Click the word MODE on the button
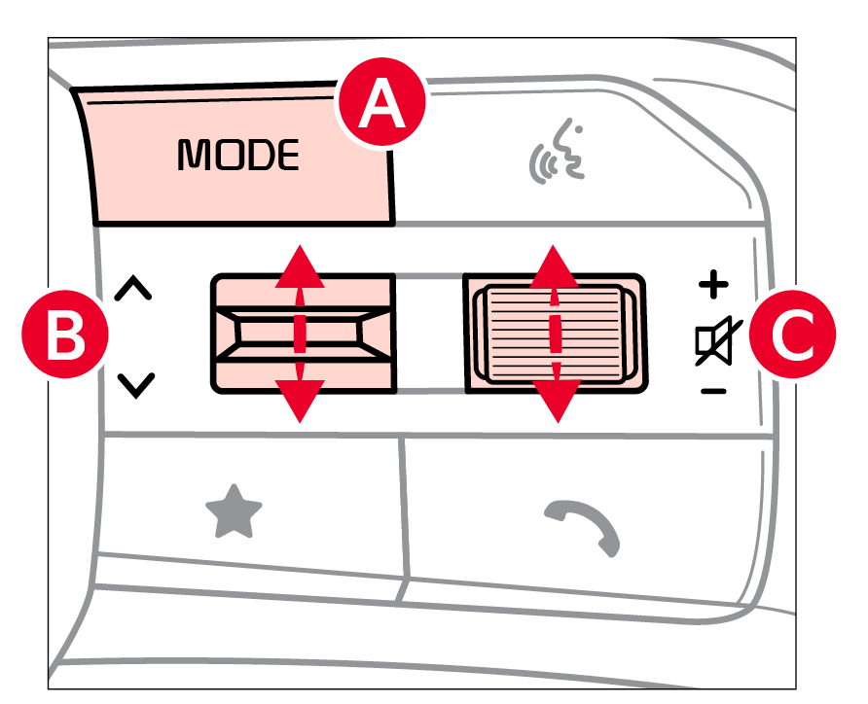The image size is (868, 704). [238, 156]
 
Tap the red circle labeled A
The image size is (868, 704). [380, 106]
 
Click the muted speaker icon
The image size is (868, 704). [715, 342]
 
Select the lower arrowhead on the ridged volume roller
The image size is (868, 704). [556, 402]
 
